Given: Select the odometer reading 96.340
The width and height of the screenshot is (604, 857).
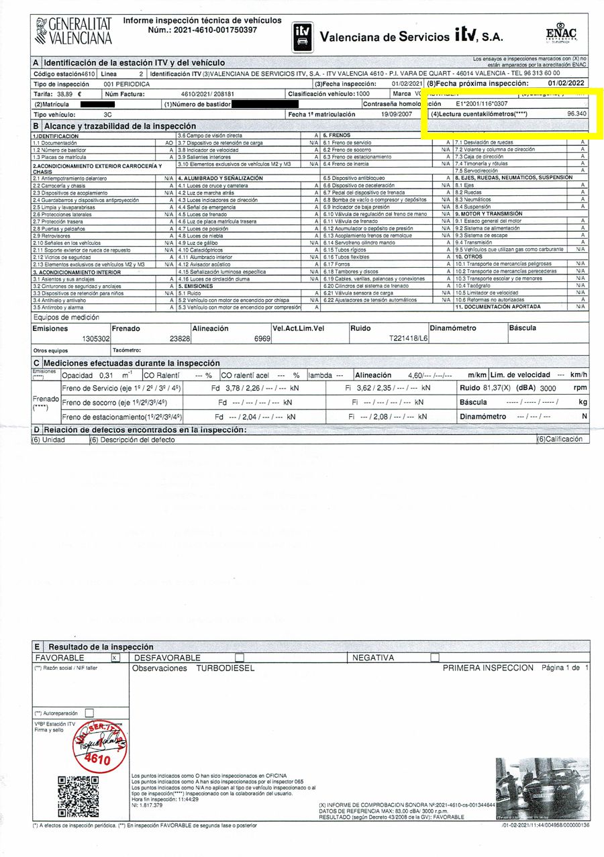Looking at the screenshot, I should [576, 114].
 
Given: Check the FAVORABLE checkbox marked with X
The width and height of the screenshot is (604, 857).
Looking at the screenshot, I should [115, 658].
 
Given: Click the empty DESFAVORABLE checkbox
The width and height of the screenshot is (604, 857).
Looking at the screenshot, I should [240, 658].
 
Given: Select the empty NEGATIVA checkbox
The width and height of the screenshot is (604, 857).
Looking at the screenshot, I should [435, 658].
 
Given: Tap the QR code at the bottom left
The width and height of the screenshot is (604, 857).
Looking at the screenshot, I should [79, 795].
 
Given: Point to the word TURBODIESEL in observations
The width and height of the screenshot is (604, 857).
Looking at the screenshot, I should [225, 668].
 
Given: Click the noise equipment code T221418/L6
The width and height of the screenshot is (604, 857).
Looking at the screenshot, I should [408, 340].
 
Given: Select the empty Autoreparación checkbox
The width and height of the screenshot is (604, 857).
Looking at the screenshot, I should [90, 713].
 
